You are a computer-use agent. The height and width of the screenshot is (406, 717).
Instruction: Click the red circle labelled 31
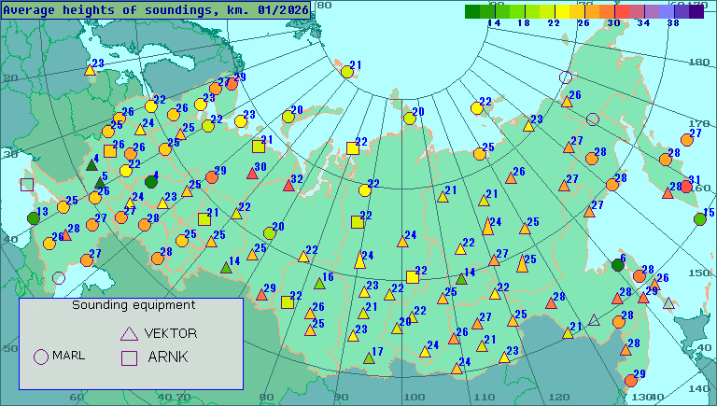pos(686,187)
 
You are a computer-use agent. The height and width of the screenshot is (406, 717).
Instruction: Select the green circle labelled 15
pos(700,219)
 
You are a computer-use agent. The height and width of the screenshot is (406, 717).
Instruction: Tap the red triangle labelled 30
pos(252,174)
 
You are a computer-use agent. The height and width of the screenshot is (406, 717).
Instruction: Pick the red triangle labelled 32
pos(288,186)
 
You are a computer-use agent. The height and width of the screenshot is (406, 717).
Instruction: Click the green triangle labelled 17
pos(368,358)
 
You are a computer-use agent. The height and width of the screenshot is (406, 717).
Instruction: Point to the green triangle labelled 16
pos(318,283)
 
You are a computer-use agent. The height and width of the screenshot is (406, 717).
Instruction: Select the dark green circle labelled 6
pos(617,265)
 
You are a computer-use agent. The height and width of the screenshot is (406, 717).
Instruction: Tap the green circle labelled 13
pos(34,218)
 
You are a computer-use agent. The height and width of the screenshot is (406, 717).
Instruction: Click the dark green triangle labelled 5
pos(99,182)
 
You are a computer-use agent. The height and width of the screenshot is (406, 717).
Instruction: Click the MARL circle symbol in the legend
pos(40,356)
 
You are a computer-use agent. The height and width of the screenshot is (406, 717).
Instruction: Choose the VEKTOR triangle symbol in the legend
pos(129,333)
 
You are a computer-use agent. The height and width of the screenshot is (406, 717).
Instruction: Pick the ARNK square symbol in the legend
pos(129,357)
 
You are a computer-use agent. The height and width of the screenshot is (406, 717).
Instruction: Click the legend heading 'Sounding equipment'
pos(134,305)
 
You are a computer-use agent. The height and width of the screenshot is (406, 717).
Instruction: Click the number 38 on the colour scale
pos(672,23)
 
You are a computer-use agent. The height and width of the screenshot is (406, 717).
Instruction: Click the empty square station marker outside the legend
pos(26,185)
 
